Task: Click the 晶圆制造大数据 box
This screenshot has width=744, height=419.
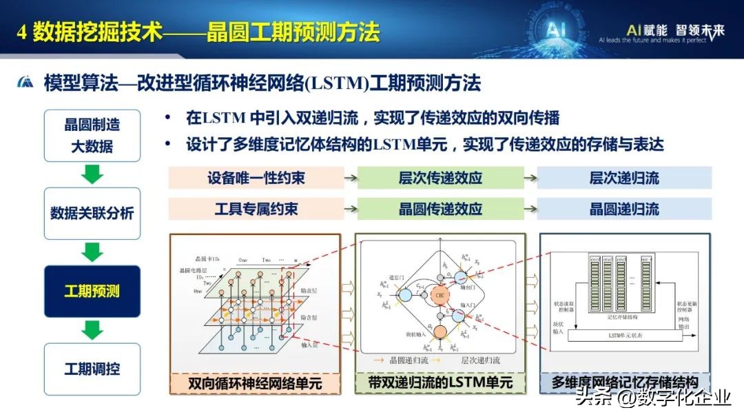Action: pos(92,136)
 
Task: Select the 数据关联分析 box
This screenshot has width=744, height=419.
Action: pos(92,213)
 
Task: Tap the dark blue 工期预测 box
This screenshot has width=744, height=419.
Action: pos(92,291)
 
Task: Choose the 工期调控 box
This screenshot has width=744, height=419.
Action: pos(92,369)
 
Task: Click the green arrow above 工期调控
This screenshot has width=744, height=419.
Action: pos(92,330)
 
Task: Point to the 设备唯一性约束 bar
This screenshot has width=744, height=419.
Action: pos(256,178)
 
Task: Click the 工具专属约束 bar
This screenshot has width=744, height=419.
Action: pos(256,209)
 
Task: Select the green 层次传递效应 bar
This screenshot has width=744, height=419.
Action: pos(440,178)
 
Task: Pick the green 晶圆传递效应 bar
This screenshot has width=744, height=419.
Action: pos(440,209)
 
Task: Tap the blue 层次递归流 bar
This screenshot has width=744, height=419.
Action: pos(624,178)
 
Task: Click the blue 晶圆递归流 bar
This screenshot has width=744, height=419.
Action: pos(624,209)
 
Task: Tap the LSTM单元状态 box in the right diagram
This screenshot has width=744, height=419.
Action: pos(625,335)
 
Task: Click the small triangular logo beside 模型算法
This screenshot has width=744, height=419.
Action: pos(25,83)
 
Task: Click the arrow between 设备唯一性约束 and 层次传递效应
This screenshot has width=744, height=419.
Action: pos(350,178)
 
